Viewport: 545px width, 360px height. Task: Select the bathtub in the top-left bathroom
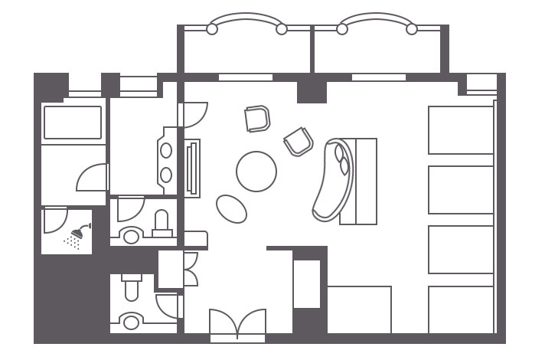[73, 123]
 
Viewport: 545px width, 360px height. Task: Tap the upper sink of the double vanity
[166, 150]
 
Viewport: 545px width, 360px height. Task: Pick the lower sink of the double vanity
[166, 175]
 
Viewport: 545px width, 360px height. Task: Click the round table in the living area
[256, 172]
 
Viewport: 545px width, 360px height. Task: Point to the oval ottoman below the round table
[231, 207]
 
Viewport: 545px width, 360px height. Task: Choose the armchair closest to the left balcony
[258, 119]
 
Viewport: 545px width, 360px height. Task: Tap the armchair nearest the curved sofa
[299, 142]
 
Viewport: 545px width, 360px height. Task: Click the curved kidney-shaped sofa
[333, 182]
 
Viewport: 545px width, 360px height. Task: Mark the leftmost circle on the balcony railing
[212, 29]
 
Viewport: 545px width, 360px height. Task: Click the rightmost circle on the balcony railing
[412, 29]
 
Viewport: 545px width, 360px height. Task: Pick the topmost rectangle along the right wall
[461, 129]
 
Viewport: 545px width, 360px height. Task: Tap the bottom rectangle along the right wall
[461, 309]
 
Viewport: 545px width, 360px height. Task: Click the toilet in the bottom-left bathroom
[130, 288]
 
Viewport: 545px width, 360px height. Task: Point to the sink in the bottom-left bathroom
[132, 320]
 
